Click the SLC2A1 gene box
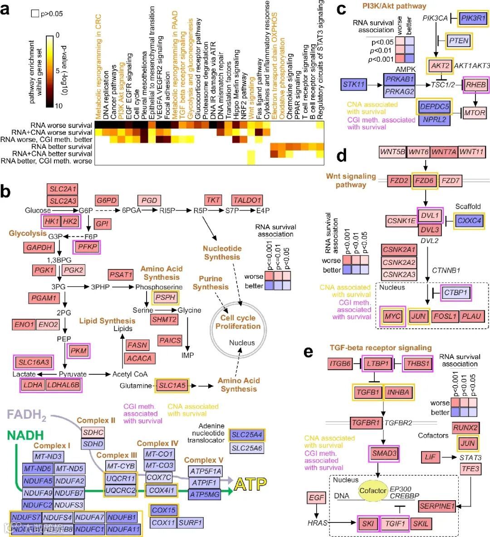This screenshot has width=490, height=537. tap(64, 189)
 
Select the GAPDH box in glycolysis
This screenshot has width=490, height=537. tap(39, 248)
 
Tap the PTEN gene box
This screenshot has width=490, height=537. tap(458, 41)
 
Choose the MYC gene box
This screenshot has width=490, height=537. tap(393, 316)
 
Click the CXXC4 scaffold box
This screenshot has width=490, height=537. tap(470, 220)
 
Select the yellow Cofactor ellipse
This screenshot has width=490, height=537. tap(373, 491)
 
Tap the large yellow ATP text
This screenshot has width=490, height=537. tap(250, 484)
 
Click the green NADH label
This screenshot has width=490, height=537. tap(25, 435)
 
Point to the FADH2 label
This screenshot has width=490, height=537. tap(26, 415)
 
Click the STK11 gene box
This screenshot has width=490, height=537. tap(354, 84)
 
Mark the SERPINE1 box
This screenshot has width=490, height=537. tap(437, 506)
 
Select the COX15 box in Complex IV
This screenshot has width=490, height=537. tap(164, 510)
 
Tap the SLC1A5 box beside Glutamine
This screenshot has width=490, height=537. tap(172, 386)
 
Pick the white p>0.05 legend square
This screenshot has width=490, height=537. tap(35, 14)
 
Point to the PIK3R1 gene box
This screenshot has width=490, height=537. tap(474, 19)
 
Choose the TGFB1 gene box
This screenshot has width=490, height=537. tap(368, 392)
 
